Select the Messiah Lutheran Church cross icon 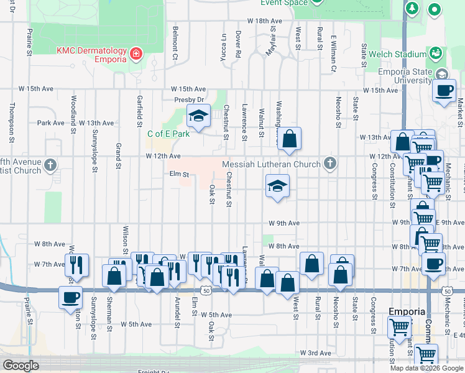330,164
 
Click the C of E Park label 168,134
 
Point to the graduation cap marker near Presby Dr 198,116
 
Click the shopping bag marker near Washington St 290,139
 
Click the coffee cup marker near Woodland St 70,297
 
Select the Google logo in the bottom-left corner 21,366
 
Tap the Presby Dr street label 189,99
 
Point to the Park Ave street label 50,123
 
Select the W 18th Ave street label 265,21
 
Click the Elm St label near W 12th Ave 179,175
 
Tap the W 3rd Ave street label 315,352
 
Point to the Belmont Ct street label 176,44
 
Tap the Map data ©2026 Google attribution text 426,367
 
